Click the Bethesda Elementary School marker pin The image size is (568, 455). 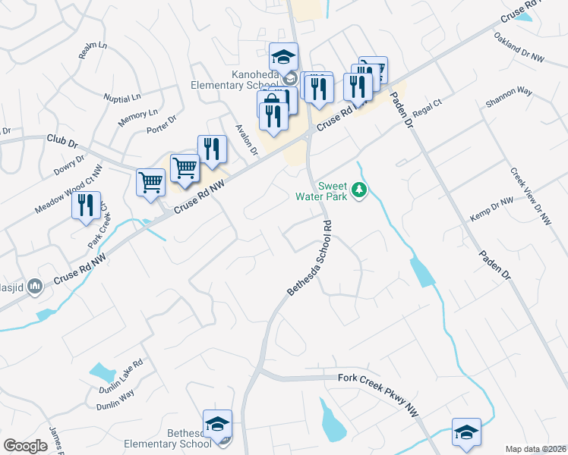click(x=217, y=424)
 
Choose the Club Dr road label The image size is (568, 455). click(x=62, y=140)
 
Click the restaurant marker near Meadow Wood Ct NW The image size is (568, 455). click(x=86, y=205)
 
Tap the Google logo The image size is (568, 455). click(x=25, y=446)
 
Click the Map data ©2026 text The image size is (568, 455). click(x=535, y=449)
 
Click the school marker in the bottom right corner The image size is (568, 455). click(x=465, y=432)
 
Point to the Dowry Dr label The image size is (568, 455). click(x=68, y=165)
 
